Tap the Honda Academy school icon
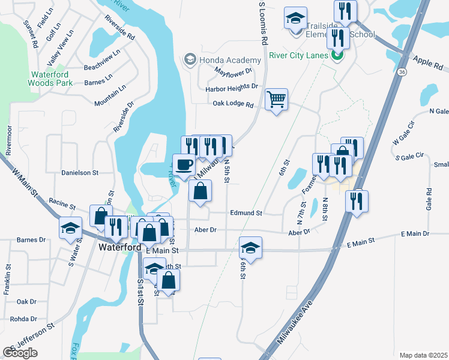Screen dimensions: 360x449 [x=190, y=59]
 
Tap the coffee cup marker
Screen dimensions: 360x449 [x=184, y=164]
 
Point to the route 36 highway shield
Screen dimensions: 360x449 [x=402, y=71]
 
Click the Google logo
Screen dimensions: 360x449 [x=20, y=353]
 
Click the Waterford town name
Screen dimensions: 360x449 [x=120, y=247]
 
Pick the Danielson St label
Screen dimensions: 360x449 [x=79, y=173]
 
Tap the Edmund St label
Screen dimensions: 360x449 [x=246, y=213]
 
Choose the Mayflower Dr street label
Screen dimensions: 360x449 [x=234, y=70]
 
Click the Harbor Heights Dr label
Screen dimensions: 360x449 [x=231, y=87]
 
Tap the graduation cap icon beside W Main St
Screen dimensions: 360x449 [x=70, y=228]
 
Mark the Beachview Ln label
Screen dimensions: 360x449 [x=103, y=68]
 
